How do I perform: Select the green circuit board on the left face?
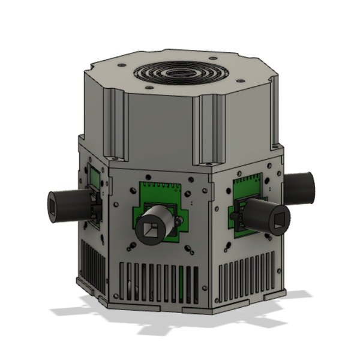coord(94,180)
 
